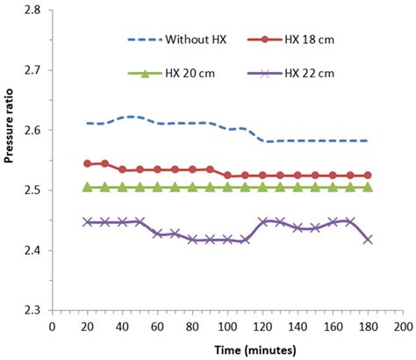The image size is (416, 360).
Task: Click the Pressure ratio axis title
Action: [x=10, y=160]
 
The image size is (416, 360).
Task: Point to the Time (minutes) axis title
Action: [x=227, y=349]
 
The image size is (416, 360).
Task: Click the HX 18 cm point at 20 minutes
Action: [x=88, y=163]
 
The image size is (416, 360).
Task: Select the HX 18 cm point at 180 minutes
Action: [x=367, y=176]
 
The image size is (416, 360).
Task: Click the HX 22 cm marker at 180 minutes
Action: [x=367, y=239]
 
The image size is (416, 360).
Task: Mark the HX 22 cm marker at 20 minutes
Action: [x=88, y=222]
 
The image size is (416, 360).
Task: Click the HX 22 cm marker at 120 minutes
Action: [x=262, y=221]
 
